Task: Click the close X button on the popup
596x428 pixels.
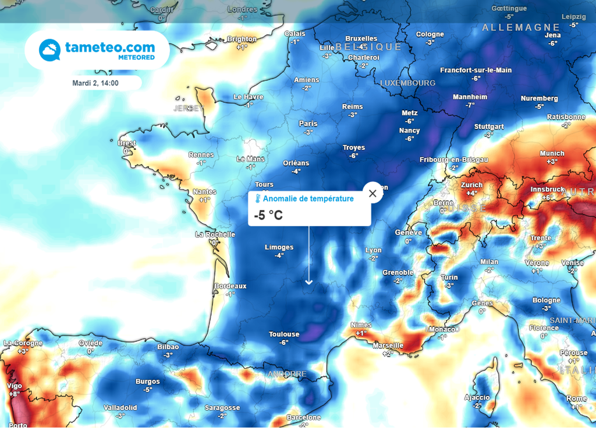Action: click(373, 193)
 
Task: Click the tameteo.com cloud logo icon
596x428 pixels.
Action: click(49, 50)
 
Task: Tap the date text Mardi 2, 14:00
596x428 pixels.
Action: click(95, 83)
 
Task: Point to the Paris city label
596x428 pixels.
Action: click(308, 123)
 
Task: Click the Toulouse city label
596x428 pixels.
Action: click(284, 334)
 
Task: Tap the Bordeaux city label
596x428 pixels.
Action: click(230, 286)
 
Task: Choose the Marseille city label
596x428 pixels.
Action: click(388, 345)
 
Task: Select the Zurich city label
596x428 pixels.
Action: click(471, 184)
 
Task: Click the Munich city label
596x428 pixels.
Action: click(552, 154)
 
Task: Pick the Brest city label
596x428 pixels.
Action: click(127, 143)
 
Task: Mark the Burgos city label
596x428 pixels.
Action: click(147, 381)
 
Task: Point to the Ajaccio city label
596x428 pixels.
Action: click(477, 397)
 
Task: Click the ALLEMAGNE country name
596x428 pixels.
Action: click(521, 27)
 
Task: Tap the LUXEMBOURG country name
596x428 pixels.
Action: click(407, 83)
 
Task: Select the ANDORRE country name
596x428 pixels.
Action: click(286, 374)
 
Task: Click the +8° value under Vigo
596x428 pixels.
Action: click(14, 394)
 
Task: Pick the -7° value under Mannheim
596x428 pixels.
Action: click(470, 105)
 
